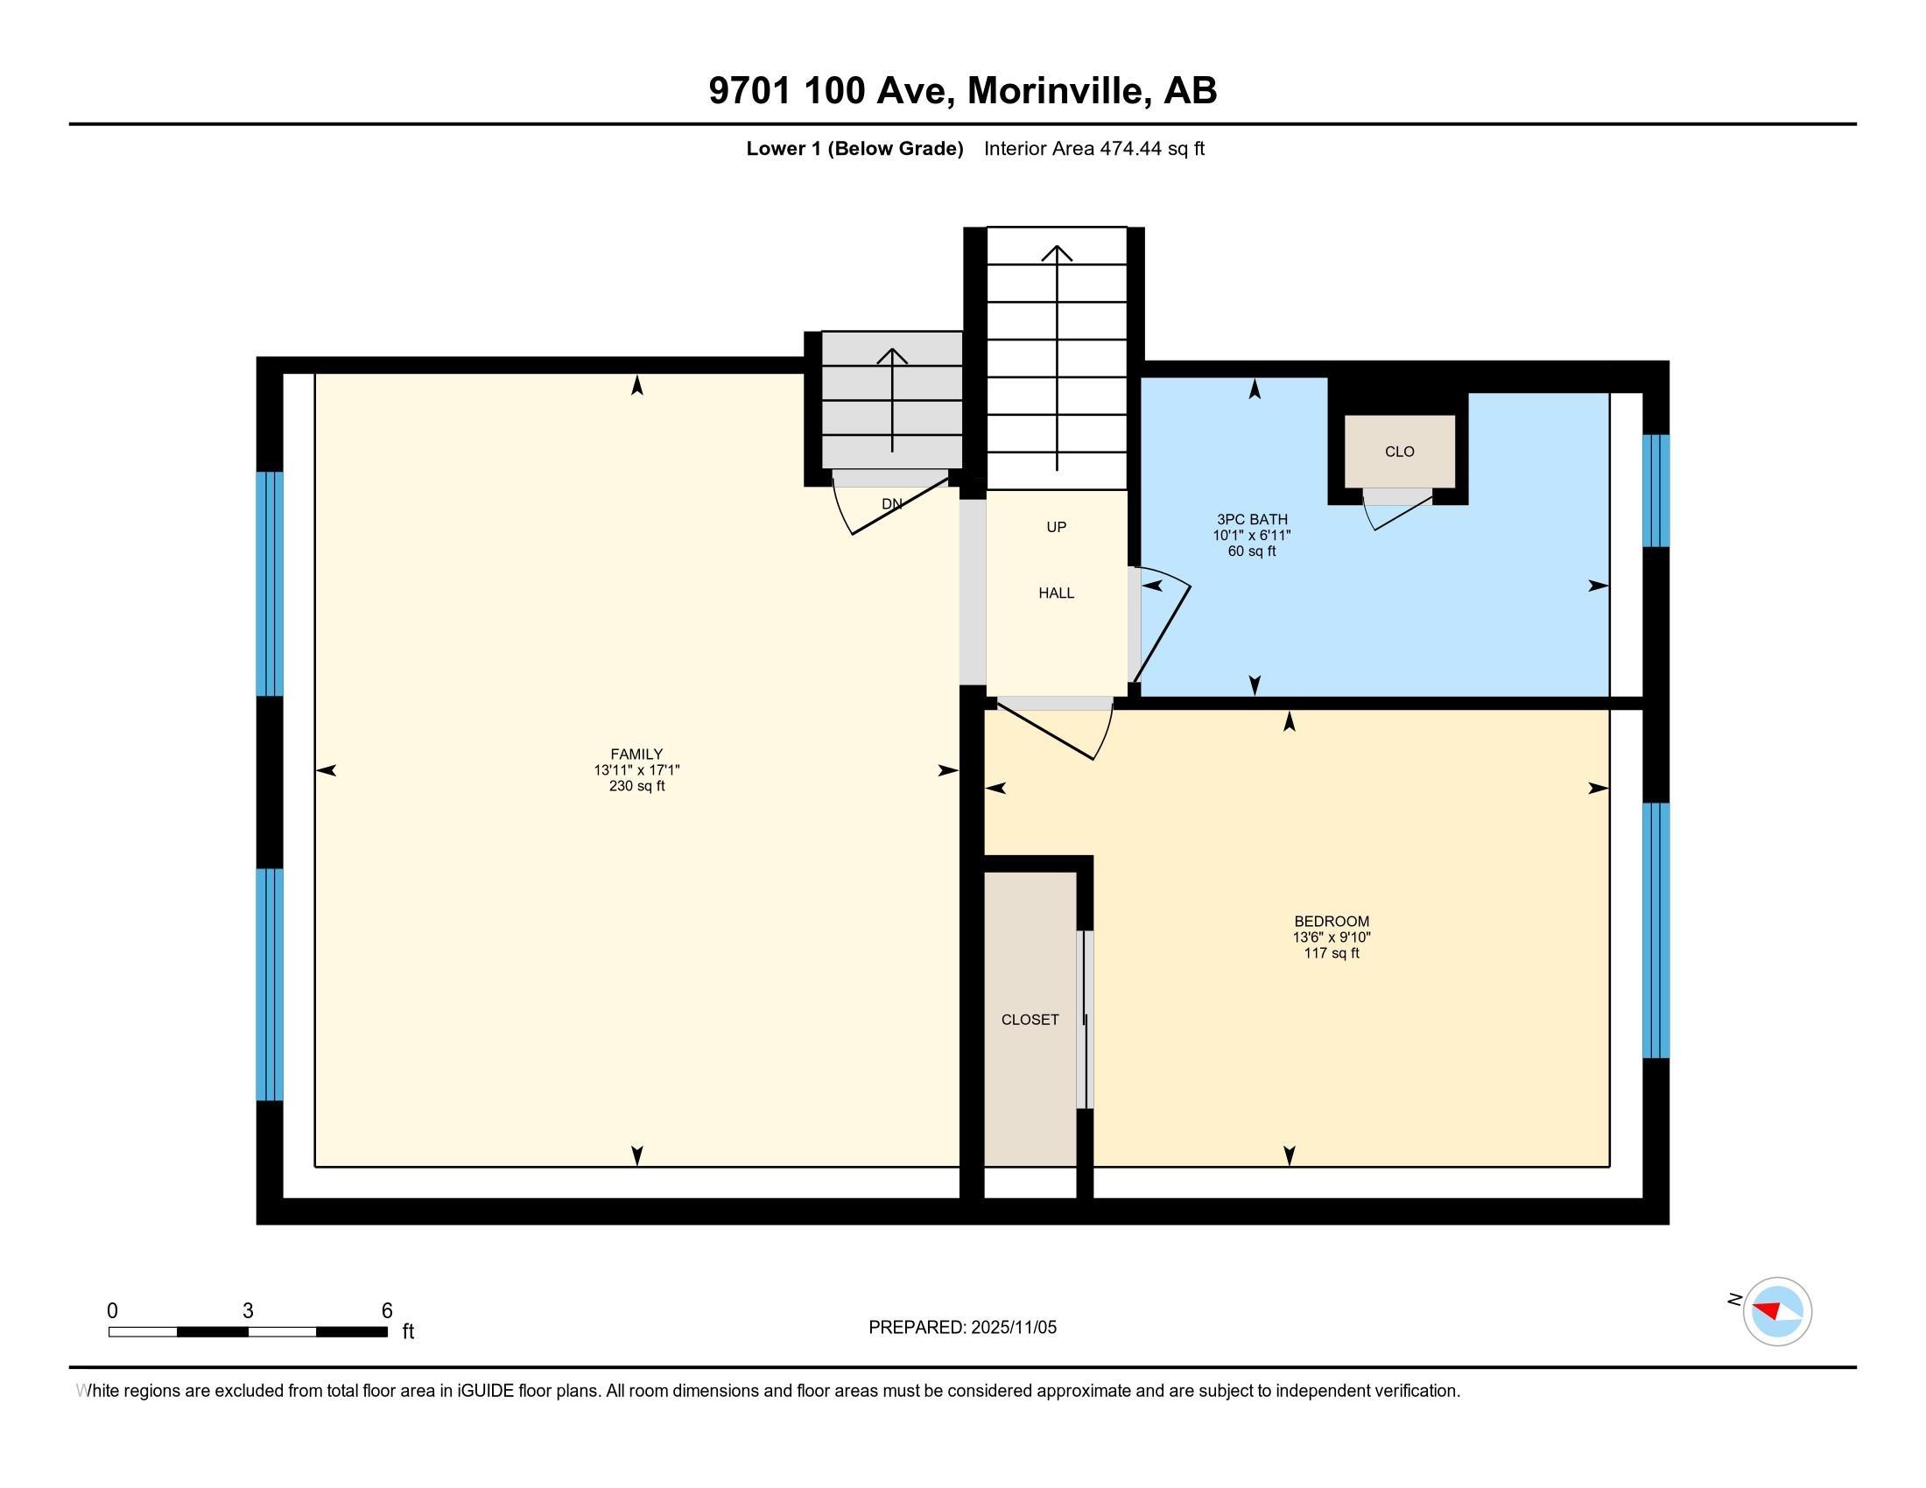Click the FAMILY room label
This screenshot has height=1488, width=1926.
click(636, 755)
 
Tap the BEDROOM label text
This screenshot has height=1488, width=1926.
click(1331, 922)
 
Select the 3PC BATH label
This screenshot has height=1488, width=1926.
click(1251, 520)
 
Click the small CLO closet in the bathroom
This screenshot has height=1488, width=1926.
click(1399, 452)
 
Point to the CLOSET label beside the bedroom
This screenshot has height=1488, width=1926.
click(1030, 1020)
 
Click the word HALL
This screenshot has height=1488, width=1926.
click(1056, 593)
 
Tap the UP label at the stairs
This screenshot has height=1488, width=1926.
click(1056, 527)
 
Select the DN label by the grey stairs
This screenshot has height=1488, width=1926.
click(891, 504)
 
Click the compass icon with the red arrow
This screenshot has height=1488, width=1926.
click(1776, 1311)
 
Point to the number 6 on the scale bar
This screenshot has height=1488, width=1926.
click(386, 1311)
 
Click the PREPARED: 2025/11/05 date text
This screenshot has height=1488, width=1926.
click(962, 1328)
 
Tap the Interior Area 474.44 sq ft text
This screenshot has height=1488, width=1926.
click(1093, 149)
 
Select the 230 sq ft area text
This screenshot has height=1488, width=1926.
click(636, 786)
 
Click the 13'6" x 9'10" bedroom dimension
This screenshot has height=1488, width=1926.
click(1331, 938)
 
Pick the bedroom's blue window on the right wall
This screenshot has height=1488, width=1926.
click(1655, 930)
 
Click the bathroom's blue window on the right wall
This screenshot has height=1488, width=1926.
click(1655, 491)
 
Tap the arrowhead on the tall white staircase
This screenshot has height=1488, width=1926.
click(1057, 253)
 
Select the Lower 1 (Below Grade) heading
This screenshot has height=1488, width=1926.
click(854, 149)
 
